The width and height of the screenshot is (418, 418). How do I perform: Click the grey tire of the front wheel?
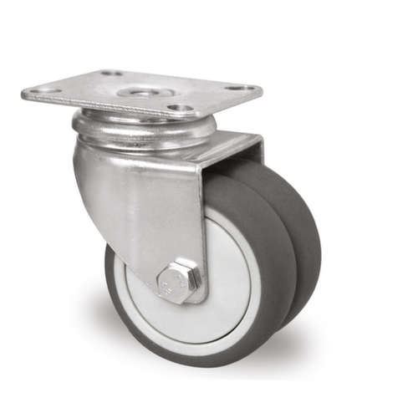click(125, 318)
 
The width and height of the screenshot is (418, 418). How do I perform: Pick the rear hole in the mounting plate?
click(108, 73)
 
